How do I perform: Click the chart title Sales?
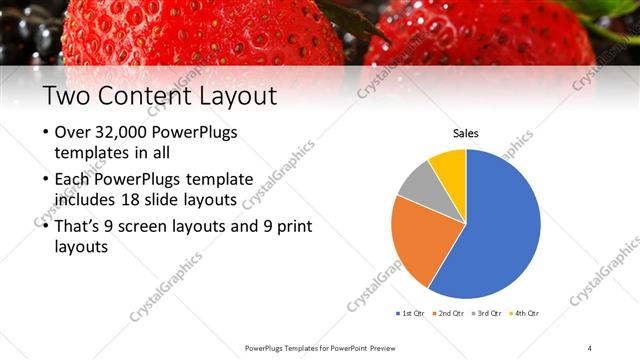point(466,133)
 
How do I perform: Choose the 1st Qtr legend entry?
point(409,313)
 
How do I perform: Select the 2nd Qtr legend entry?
point(447,313)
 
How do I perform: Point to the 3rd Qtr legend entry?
point(486,313)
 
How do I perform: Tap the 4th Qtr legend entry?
point(524,313)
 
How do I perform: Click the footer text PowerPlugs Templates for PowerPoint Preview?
point(319,347)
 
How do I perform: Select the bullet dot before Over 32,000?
point(45,134)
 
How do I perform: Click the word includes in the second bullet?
point(84,199)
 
